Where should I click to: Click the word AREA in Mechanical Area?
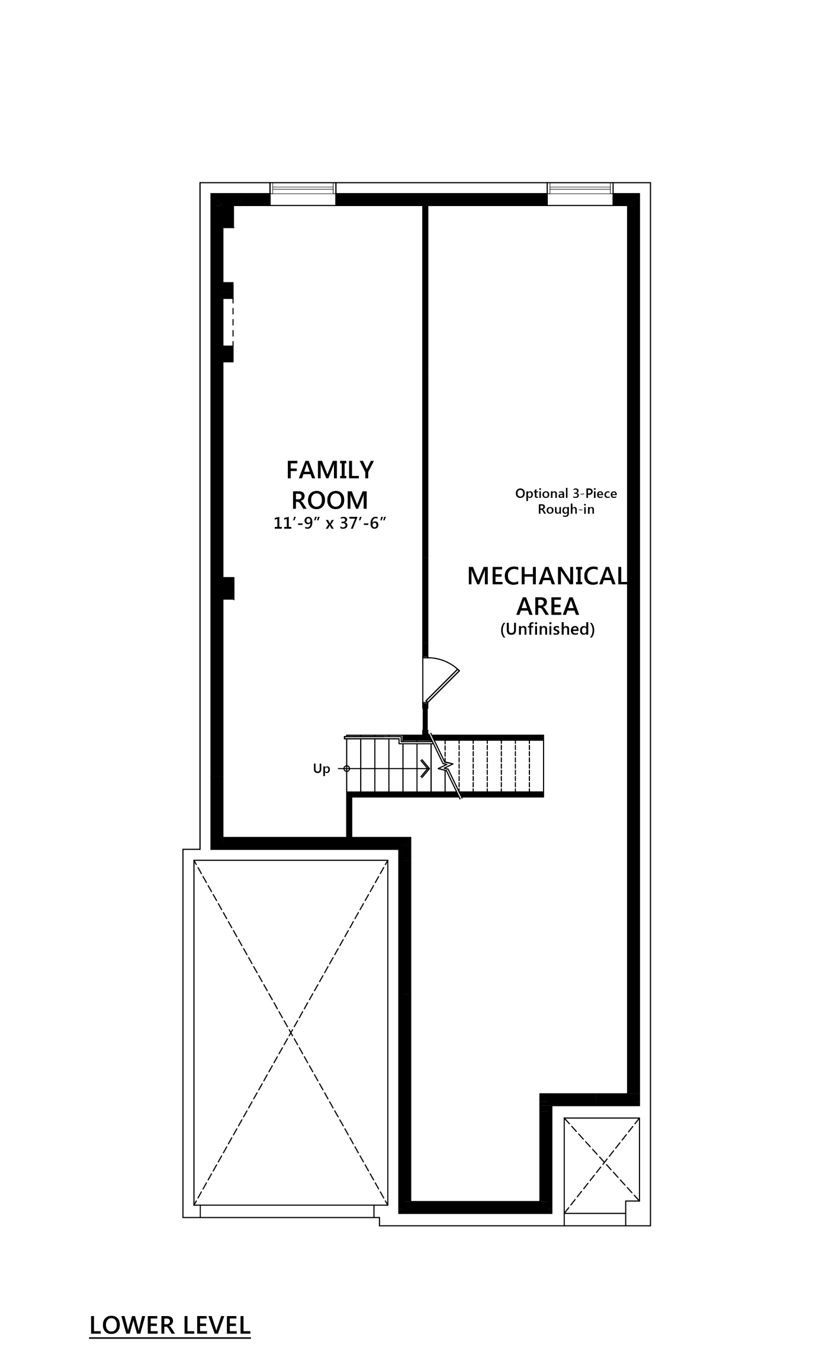[547, 606]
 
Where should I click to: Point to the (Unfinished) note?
[547, 630]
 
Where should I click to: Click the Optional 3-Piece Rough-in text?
[566, 501]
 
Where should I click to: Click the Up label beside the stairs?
[322, 770]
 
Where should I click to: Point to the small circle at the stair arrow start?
[347, 769]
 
